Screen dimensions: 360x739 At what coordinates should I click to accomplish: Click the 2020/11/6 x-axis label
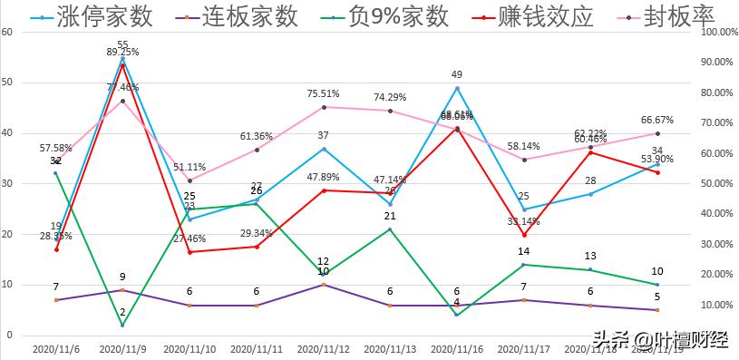tap(55, 348)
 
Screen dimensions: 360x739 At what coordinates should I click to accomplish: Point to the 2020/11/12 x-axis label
tap(324, 348)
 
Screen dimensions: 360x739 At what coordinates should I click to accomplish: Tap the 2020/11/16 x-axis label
tap(457, 348)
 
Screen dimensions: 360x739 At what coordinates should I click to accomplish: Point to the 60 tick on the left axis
tap(8, 32)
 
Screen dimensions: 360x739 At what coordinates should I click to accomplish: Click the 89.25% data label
tap(122, 53)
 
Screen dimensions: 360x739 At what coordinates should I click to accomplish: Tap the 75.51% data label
tap(324, 92)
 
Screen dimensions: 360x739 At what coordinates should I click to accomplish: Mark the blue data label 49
tap(457, 75)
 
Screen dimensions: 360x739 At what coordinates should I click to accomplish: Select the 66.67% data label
tap(656, 120)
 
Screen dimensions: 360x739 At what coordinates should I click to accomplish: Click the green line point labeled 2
tap(122, 326)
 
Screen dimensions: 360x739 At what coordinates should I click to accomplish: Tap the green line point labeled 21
tap(390, 229)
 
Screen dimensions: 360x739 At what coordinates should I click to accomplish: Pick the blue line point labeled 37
tap(324, 149)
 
